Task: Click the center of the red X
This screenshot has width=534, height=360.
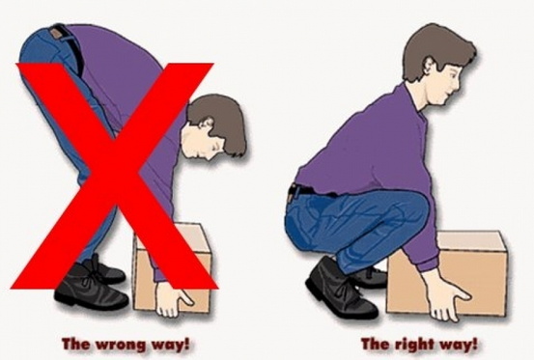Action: (114, 176)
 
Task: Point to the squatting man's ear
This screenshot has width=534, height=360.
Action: (430, 67)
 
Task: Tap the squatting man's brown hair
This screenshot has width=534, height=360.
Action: (439, 47)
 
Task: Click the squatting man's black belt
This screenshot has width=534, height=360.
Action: (306, 190)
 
